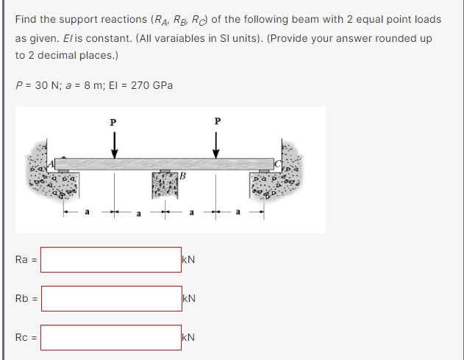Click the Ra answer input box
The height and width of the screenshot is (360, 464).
(x=111, y=259)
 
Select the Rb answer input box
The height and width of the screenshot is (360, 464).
(x=112, y=298)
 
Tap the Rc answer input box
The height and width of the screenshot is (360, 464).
(x=111, y=337)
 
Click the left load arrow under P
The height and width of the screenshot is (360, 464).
(x=115, y=145)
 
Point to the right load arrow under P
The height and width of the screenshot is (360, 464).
(x=216, y=145)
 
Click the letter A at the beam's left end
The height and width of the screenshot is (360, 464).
(x=51, y=163)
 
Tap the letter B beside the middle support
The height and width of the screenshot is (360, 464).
(x=182, y=176)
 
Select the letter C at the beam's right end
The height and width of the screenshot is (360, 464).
(x=277, y=164)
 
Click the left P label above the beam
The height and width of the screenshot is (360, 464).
(x=113, y=123)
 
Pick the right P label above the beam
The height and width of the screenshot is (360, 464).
(x=218, y=121)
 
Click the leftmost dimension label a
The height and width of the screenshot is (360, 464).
(x=87, y=212)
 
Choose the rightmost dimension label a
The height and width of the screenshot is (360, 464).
(x=238, y=212)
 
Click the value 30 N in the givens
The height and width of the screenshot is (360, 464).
(x=47, y=85)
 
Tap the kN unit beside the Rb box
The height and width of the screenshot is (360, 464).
(x=189, y=298)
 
